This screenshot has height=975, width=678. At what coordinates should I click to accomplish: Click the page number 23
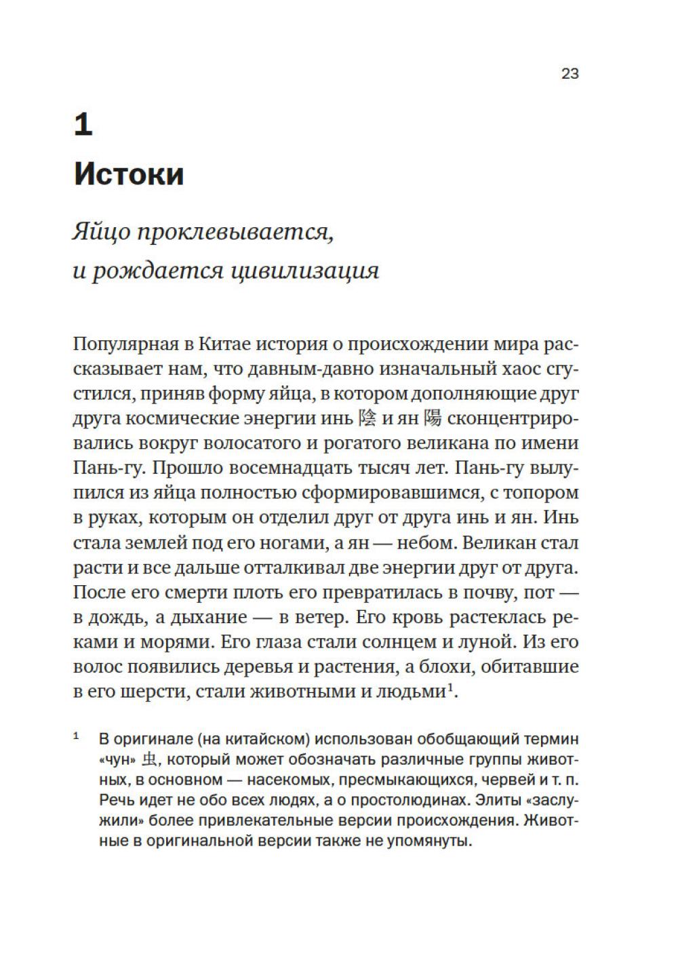click(x=570, y=74)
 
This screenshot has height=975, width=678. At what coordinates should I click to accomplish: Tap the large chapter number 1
click(x=83, y=125)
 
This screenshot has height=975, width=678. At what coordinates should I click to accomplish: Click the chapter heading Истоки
click(x=129, y=174)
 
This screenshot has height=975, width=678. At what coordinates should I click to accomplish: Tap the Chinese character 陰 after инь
click(x=366, y=419)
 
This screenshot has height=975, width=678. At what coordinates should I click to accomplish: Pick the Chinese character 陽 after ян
click(x=432, y=419)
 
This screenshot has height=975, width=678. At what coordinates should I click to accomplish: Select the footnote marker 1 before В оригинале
click(x=76, y=736)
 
